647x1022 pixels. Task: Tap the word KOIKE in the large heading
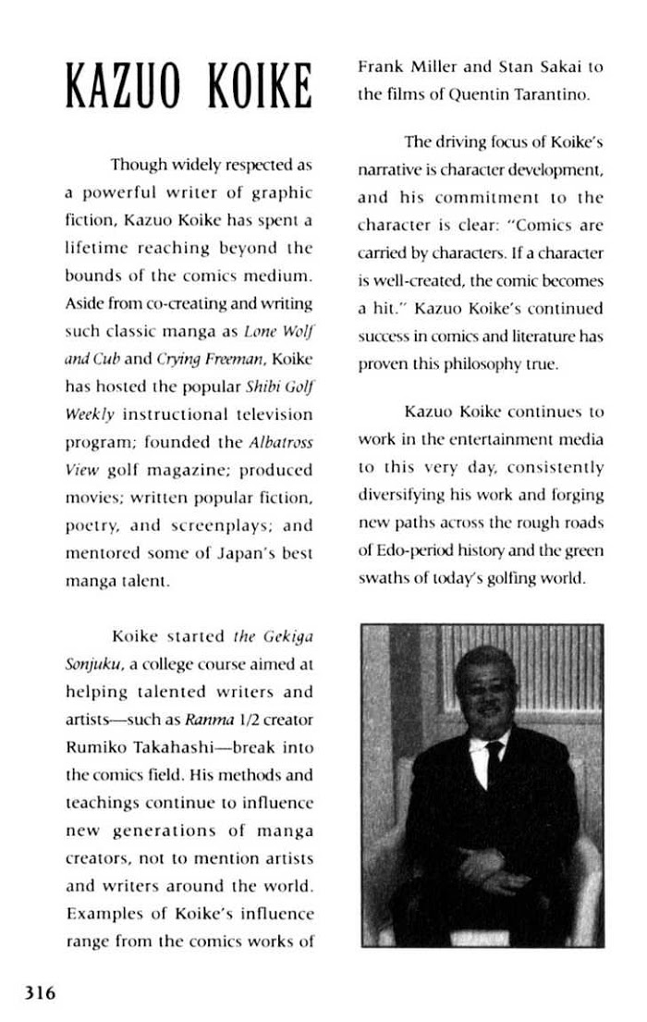pyautogui.click(x=251, y=88)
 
